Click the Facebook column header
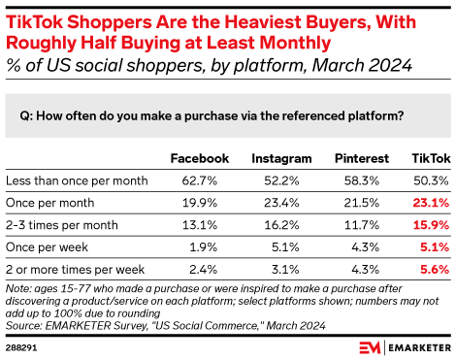pyautogui.click(x=199, y=158)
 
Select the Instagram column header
pyautogui.click(x=281, y=158)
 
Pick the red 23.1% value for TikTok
pyautogui.click(x=430, y=203)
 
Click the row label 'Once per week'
pyautogui.click(x=45, y=247)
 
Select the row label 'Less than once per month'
pyautogui.click(x=76, y=180)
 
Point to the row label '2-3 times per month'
pyautogui.click(x=60, y=225)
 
